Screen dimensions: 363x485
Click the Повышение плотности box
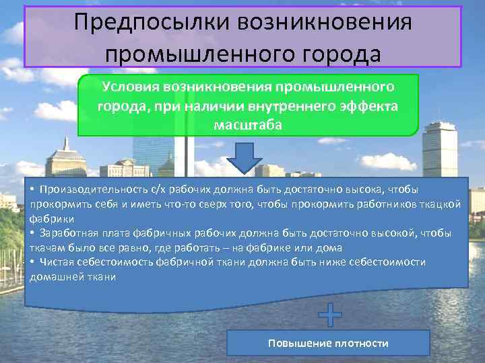coord(328,343)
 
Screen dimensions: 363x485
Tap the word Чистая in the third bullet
coord(56,261)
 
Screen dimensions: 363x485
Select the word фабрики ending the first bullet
coord(51,218)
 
